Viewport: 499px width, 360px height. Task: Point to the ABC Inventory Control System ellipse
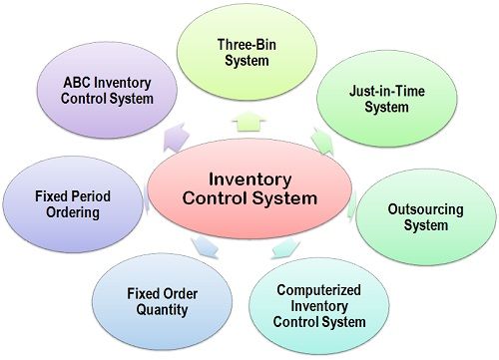coord(106,91)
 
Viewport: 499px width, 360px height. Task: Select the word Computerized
coord(321,290)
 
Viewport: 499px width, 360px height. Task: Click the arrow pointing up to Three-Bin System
coord(243,122)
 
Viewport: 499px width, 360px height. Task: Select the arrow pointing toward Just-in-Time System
coord(322,139)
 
